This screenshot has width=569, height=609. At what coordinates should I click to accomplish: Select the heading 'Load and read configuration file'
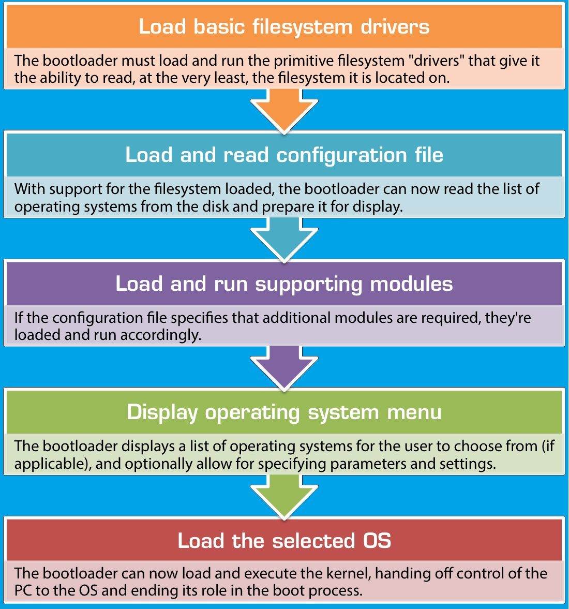284,155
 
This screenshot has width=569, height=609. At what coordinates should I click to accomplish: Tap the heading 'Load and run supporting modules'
284,284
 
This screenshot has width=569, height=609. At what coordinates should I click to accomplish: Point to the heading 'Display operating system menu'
284,412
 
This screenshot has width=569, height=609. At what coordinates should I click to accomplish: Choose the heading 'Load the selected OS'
284,541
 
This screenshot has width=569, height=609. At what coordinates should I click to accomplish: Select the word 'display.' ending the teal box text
378,207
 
